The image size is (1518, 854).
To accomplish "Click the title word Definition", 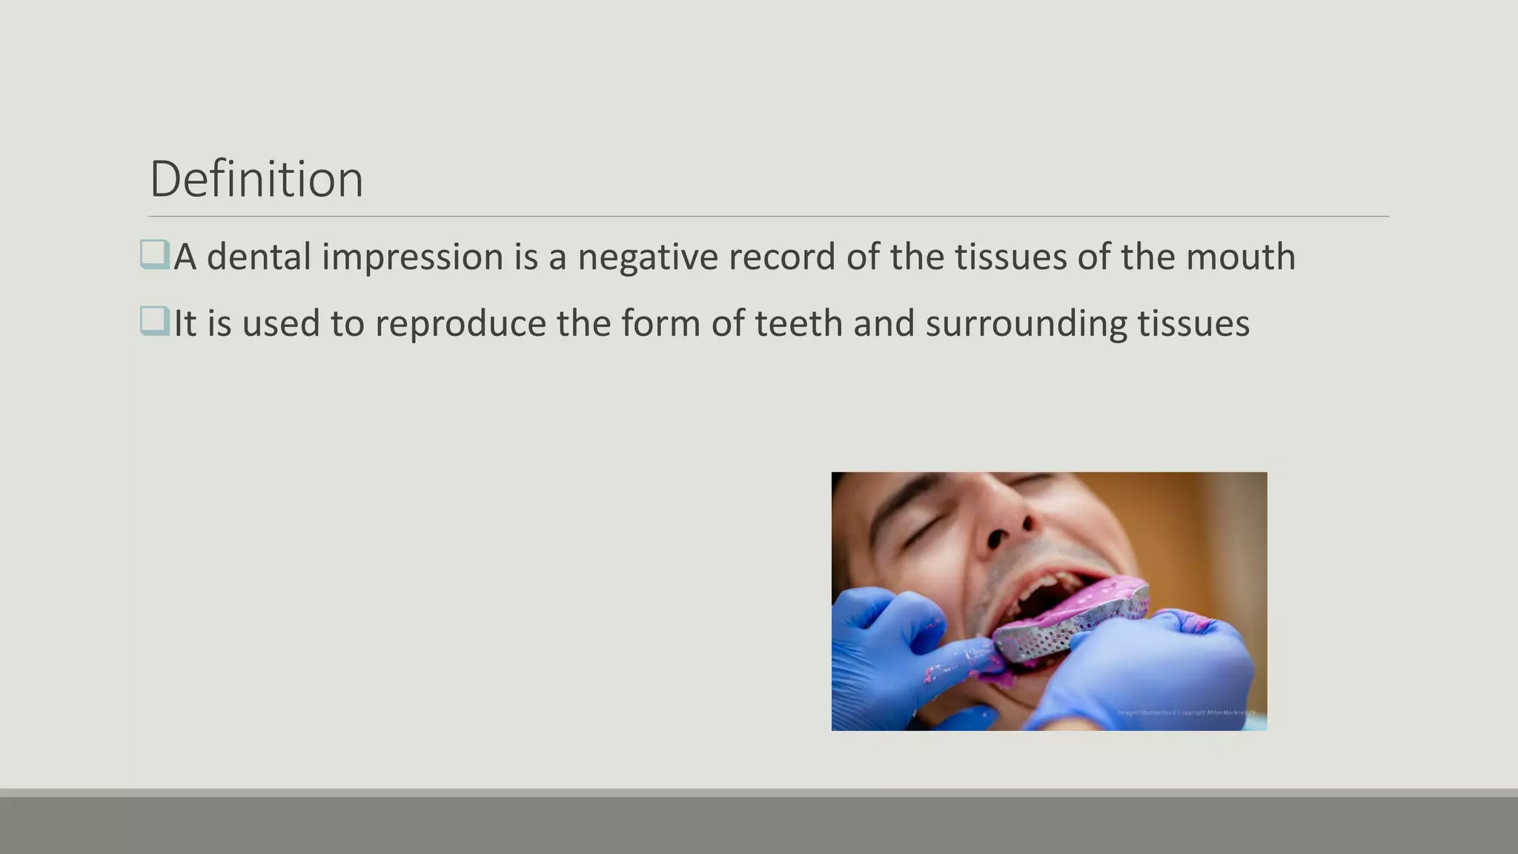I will click(x=256, y=179).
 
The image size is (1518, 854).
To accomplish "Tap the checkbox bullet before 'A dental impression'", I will click(x=154, y=254).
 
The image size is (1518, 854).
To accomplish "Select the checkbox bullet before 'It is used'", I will click(x=154, y=321).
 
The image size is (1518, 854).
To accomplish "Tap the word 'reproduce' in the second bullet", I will click(x=460, y=324).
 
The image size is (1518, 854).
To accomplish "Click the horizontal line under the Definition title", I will click(x=768, y=216).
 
